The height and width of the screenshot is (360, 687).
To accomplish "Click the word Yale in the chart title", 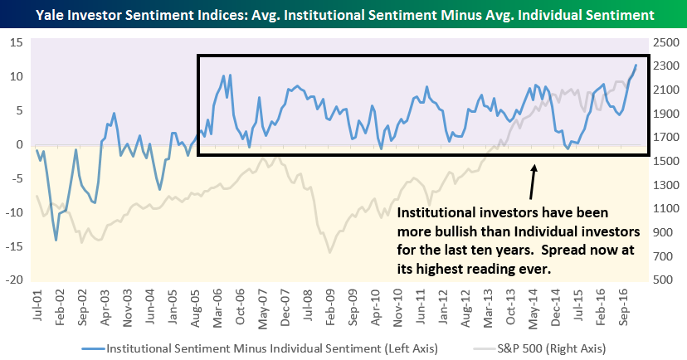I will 46,15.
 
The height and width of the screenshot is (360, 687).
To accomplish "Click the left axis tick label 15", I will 16,42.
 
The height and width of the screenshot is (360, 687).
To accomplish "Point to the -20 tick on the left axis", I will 14,280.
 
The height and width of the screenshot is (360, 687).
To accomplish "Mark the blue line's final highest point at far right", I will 636,65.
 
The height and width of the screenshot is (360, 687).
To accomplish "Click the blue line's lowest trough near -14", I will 56,240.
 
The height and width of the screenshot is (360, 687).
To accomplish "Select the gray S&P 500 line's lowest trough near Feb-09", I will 329,251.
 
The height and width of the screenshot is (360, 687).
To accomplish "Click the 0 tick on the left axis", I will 18,144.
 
